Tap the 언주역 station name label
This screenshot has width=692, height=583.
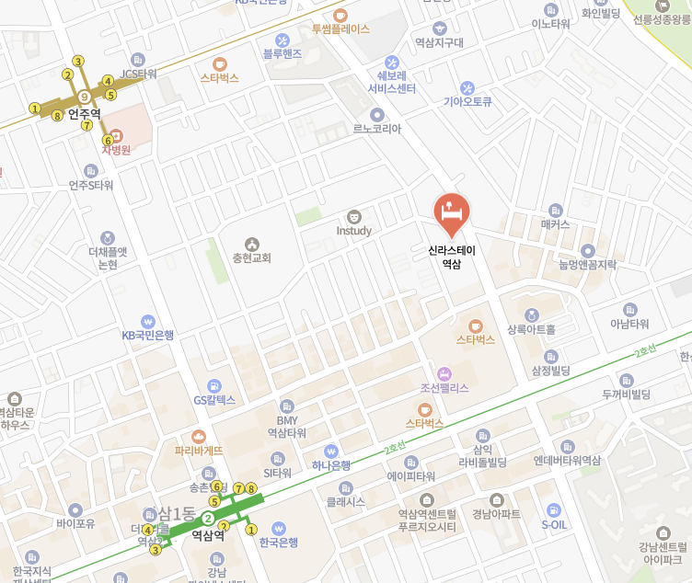pos(84,113)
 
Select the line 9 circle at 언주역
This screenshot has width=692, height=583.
pos(84,97)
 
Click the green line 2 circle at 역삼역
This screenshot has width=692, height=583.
pos(208,519)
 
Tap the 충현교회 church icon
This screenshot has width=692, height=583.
pos(252,244)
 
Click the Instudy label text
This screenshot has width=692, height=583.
pos(353,231)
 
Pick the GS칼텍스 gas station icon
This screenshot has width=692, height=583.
pos(214,385)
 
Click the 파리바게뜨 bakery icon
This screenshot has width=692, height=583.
pos(199,437)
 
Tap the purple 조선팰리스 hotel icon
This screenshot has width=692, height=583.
pos(444,373)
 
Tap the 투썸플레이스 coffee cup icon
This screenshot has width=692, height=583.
pos(340,15)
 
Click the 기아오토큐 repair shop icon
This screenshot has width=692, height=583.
pos(468,87)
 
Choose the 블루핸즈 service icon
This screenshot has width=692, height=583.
pos(282,40)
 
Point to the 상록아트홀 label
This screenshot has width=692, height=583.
pos(531,329)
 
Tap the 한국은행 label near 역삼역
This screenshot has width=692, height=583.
pos(278,543)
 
